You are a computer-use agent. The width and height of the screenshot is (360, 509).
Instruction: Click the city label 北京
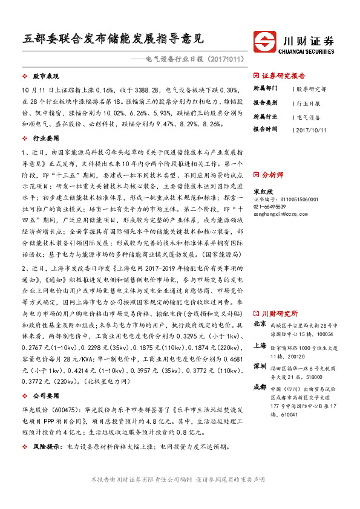(x=260, y=324)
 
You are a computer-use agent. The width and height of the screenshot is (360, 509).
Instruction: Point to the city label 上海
(x=260, y=345)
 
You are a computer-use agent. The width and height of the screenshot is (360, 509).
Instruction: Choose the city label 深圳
(x=260, y=366)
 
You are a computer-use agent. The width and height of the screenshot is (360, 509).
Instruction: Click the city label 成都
(x=260, y=387)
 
